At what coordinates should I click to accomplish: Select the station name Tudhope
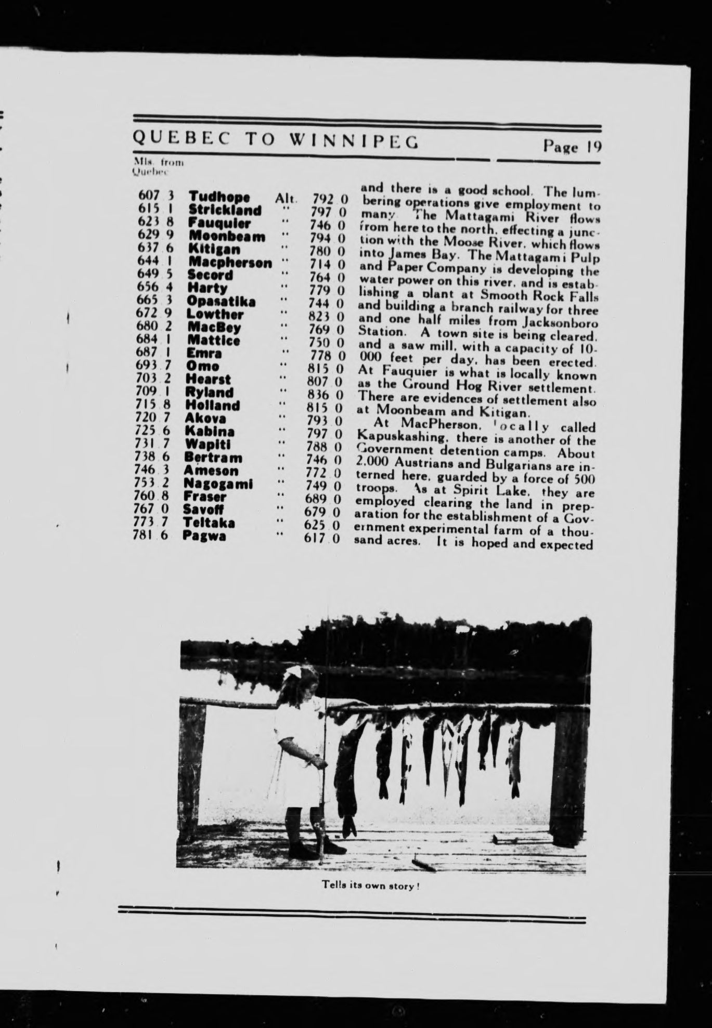[x=219, y=197]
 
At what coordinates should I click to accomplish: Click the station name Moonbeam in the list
[x=227, y=237]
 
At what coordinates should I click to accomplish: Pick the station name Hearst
[x=208, y=379]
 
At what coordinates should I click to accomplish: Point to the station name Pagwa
[x=204, y=536]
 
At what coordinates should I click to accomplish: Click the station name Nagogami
[x=218, y=484]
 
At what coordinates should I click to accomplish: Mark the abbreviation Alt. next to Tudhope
[x=286, y=198]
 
